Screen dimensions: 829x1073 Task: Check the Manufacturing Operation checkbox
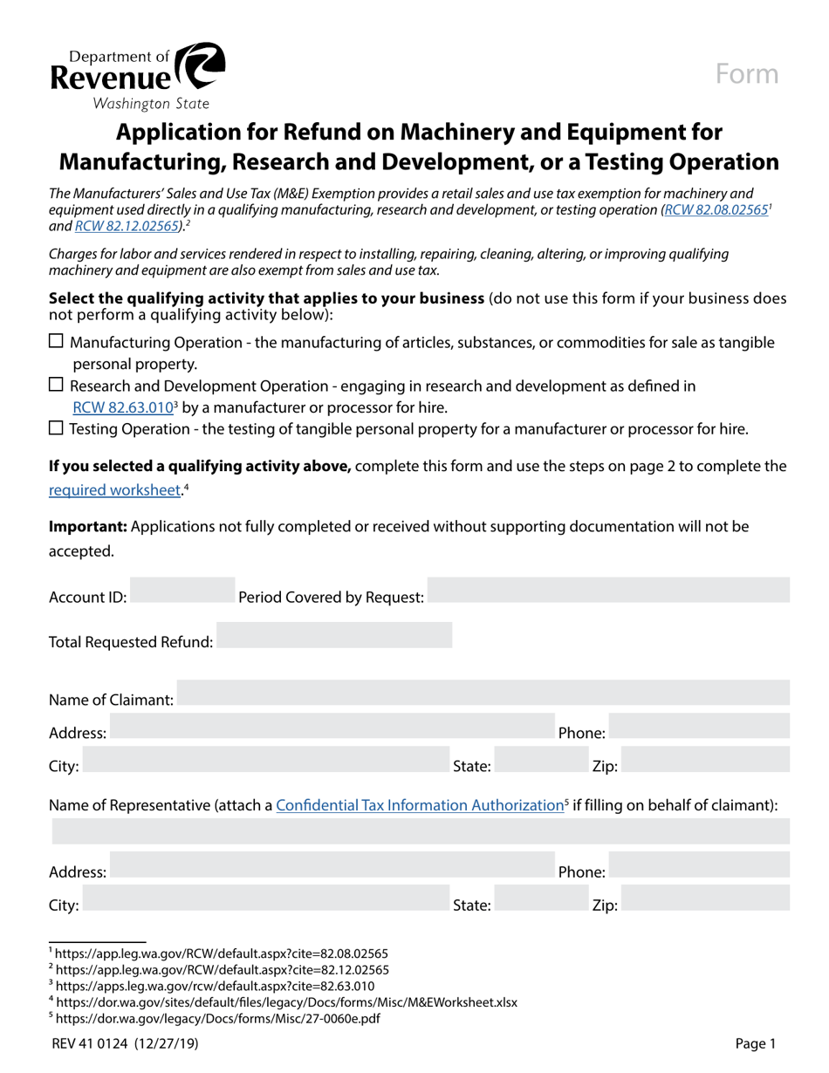[x=56, y=342]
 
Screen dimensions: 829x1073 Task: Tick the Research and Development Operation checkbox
[x=56, y=385]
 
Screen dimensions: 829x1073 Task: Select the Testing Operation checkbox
[x=56, y=428]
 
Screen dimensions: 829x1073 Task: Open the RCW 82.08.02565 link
[x=716, y=210]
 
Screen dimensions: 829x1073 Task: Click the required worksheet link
[x=114, y=489]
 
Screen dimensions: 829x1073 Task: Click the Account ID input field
[x=182, y=591]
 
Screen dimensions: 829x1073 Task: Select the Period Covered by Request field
[x=608, y=591]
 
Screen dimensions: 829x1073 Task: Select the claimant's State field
[x=524, y=760]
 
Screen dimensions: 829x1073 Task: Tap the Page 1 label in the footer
[x=755, y=1042]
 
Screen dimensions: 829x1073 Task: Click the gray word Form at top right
[x=747, y=74]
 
